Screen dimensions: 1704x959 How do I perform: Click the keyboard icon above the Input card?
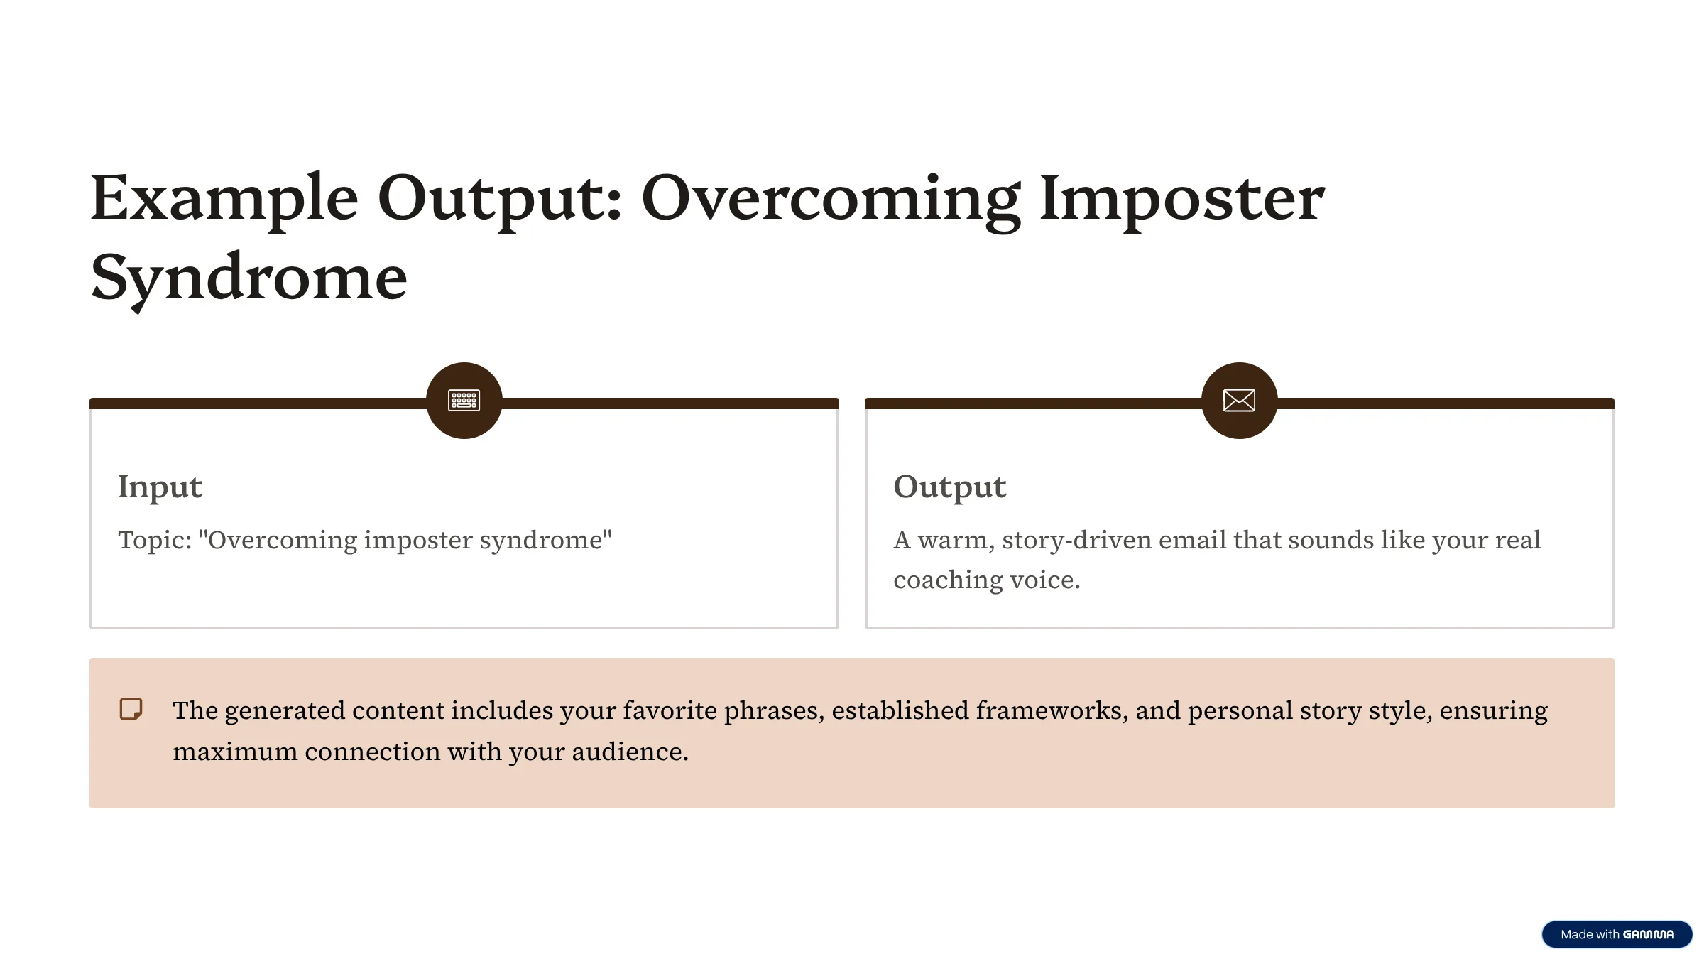pyautogui.click(x=464, y=401)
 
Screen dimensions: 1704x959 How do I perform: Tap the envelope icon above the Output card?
pyautogui.click(x=1240, y=401)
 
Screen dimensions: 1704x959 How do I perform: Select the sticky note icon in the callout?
pyautogui.click(x=131, y=709)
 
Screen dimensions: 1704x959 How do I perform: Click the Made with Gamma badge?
pyautogui.click(x=1617, y=934)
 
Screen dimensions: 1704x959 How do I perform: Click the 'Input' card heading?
pyautogui.click(x=160, y=487)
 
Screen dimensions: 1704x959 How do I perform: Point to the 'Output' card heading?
pyautogui.click(x=950, y=487)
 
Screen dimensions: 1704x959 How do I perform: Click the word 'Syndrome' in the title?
pyautogui.click(x=249, y=279)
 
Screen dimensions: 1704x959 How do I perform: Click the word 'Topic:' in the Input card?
pyautogui.click(x=155, y=540)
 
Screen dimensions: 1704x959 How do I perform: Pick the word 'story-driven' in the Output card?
pyautogui.click(x=1076, y=541)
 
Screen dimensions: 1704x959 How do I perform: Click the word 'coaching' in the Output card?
pyautogui.click(x=947, y=581)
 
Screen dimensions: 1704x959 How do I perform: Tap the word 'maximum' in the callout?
pyautogui.click(x=235, y=752)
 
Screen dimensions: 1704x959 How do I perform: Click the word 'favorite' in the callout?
pyautogui.click(x=670, y=710)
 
